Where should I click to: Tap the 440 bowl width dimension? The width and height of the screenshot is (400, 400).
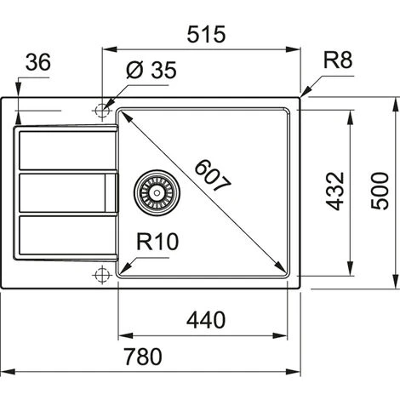click(x=205, y=321)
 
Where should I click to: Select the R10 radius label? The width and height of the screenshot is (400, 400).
click(x=157, y=243)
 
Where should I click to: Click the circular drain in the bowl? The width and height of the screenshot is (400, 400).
click(x=154, y=191)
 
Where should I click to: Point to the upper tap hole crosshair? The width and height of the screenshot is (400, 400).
click(x=102, y=110)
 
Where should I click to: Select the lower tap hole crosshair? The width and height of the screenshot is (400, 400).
click(x=102, y=274)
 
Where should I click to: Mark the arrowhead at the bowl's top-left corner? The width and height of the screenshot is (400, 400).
click(x=122, y=113)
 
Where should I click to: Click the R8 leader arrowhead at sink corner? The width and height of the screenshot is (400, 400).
click(x=302, y=93)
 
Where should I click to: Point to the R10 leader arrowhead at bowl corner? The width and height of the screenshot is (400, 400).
click(x=121, y=271)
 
